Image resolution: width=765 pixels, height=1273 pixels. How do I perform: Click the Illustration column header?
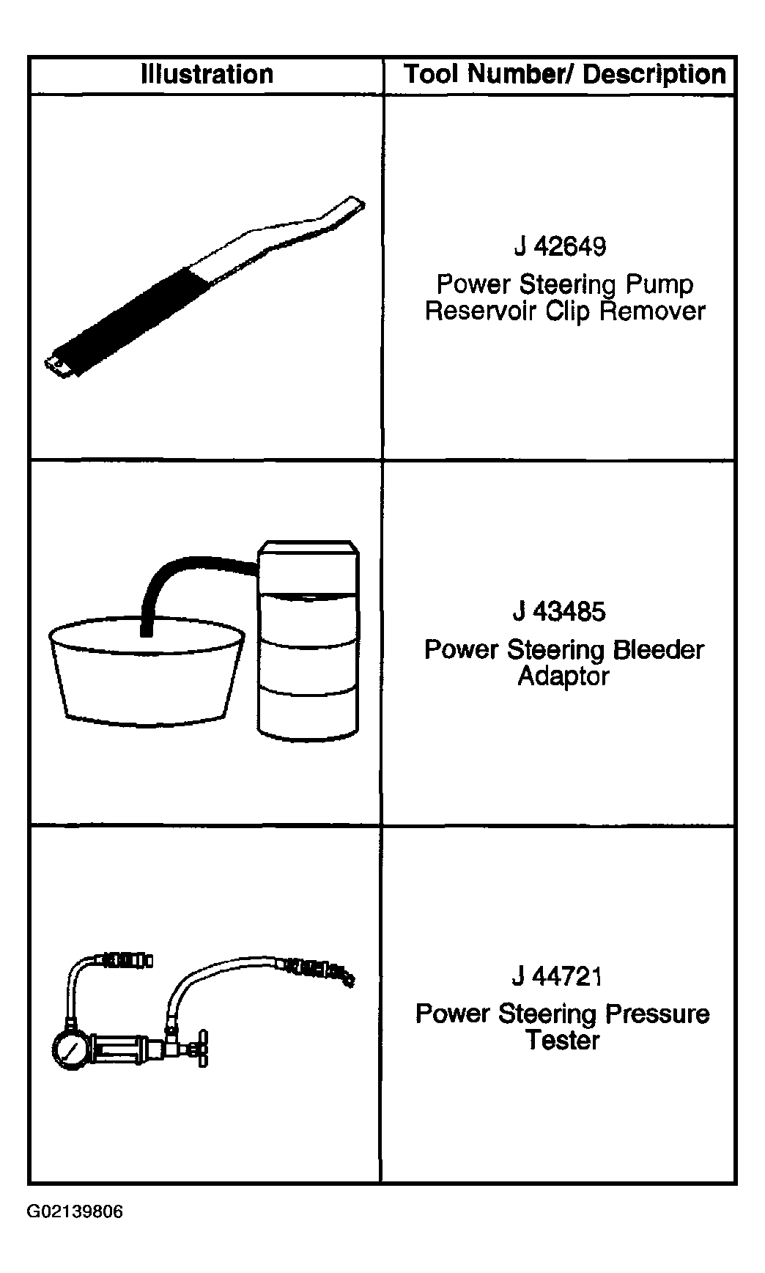pos(207,74)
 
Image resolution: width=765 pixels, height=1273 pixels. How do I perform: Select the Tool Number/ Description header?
pos(565,74)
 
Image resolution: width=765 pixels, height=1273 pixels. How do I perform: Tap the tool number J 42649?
pos(561,246)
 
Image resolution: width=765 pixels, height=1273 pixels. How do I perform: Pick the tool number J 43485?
pos(560,611)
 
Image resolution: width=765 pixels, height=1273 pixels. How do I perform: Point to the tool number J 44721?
pos(557,976)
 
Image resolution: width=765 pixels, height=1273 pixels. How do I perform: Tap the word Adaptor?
pos(563,676)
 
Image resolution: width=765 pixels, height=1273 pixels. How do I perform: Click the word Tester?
pos(563,1040)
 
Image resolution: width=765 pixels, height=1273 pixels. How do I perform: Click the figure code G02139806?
pos(75,1211)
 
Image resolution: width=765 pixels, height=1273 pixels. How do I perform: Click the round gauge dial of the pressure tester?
pos(71,1050)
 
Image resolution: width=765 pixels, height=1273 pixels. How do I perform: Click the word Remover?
pos(652,311)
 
